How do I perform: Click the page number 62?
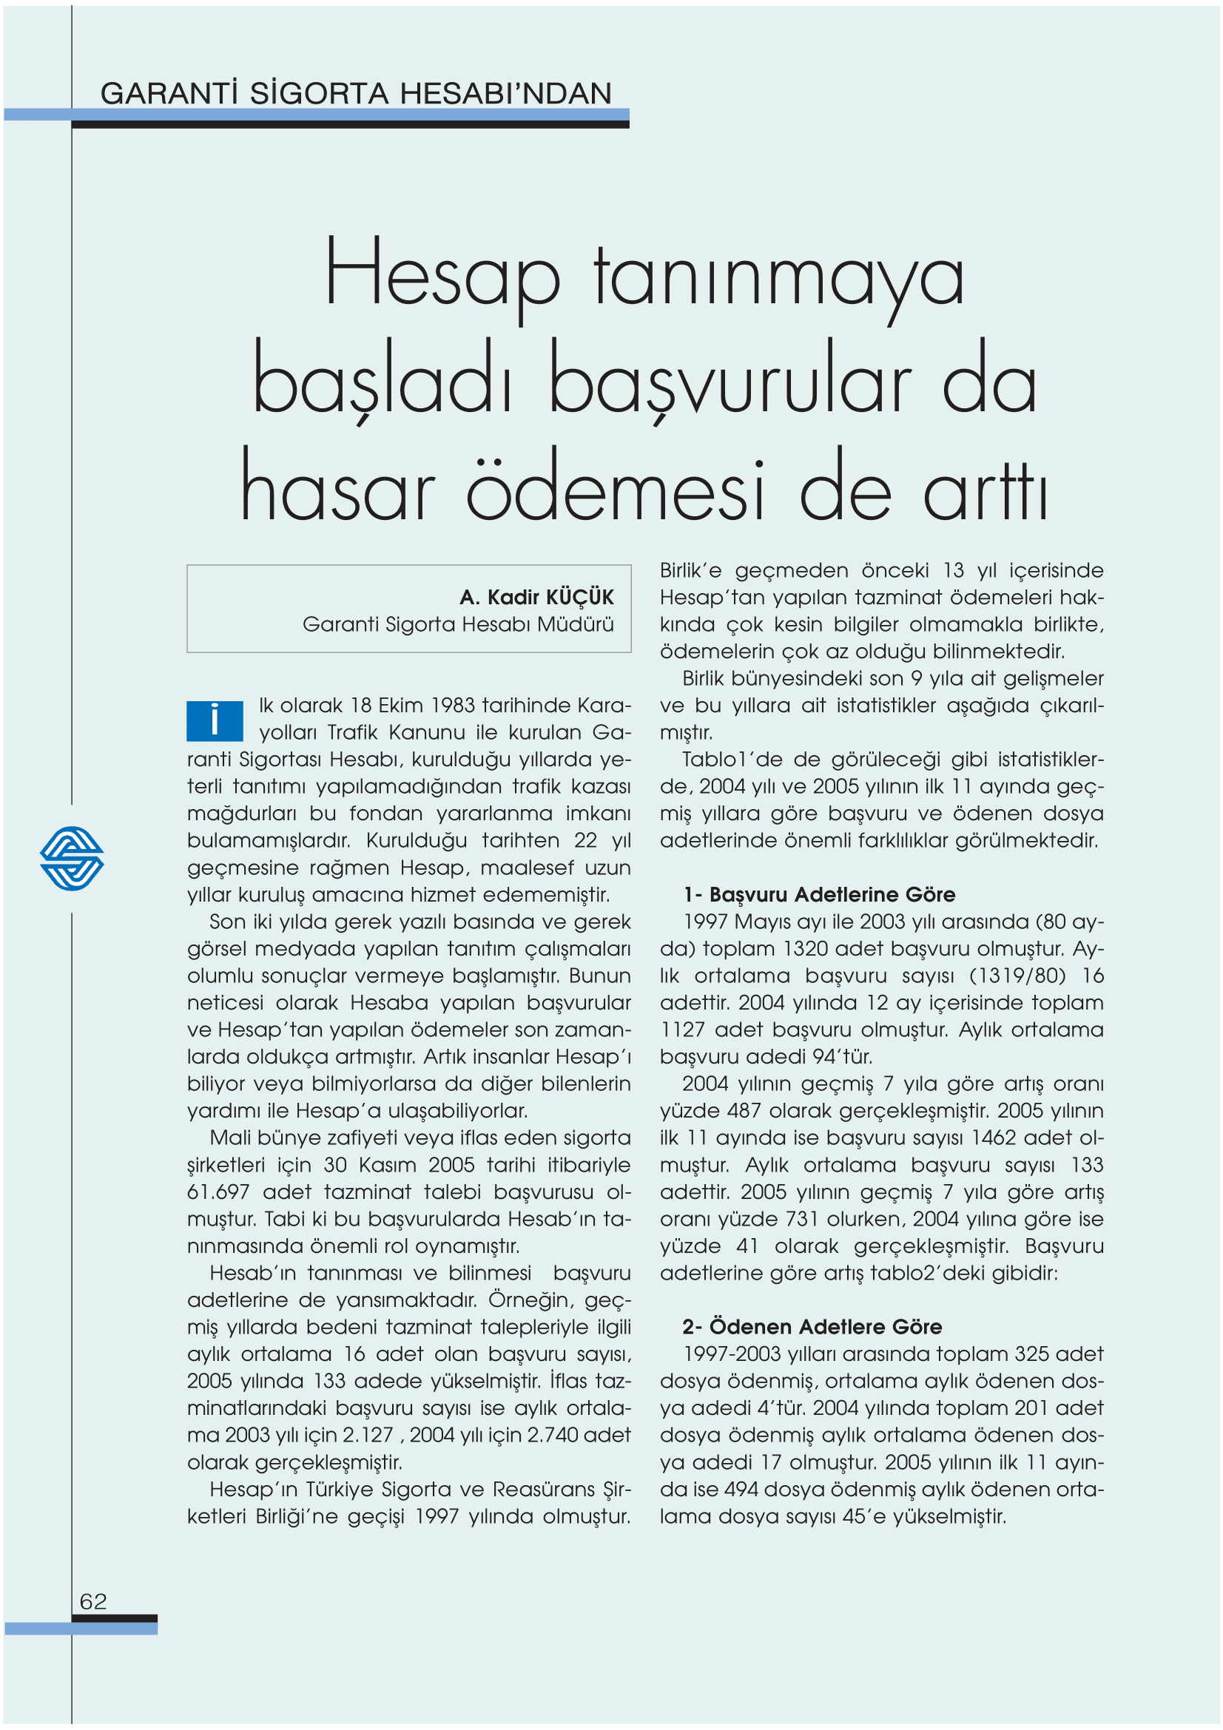92,1601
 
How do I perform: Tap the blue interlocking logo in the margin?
72,858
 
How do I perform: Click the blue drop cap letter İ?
215,720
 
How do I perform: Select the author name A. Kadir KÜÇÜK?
536,598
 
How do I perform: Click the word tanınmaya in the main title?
778,277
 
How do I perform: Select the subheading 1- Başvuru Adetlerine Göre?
819,894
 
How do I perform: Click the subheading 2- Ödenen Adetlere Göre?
812,1327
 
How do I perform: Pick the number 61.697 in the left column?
218,1192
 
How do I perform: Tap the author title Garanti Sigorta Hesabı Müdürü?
457,625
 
